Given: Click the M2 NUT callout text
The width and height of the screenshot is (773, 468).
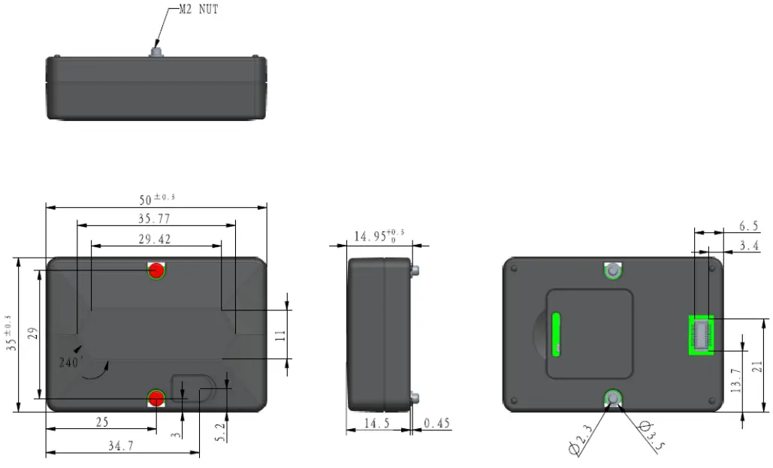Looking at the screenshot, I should (x=198, y=10).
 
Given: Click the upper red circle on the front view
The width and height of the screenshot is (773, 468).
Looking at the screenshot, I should (x=156, y=270).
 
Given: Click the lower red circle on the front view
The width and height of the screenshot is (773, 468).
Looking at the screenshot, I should (x=156, y=398).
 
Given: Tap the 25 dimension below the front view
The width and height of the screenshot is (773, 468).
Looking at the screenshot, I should (x=103, y=423).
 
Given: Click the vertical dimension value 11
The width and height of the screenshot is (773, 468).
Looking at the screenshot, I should (x=280, y=334).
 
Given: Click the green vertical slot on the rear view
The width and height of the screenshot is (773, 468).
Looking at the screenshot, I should (x=557, y=334).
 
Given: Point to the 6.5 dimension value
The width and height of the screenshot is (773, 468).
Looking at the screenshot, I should (x=748, y=225).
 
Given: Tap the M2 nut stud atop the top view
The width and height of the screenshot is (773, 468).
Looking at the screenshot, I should (x=156, y=52).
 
